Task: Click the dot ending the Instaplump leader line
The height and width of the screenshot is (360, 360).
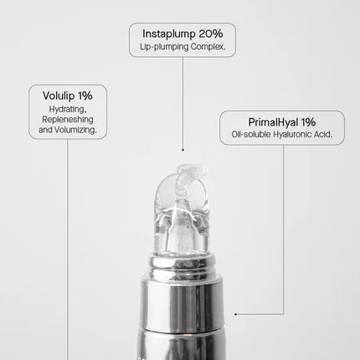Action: coord(182,147)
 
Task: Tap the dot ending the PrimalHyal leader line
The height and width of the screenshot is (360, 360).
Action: coord(236,314)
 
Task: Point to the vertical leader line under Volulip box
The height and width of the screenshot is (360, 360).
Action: coord(68,251)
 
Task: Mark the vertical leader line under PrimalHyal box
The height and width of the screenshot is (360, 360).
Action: coord(282,226)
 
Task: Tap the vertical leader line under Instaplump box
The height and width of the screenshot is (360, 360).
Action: coord(182,100)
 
